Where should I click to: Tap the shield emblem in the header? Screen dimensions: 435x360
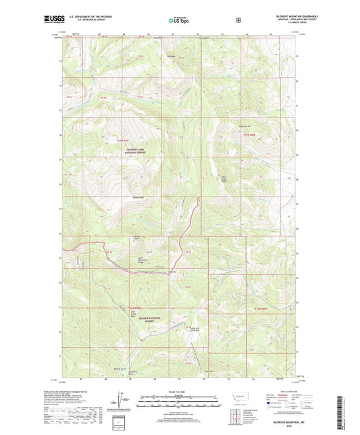pos(238,21)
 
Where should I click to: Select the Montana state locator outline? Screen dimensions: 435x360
pos(244,392)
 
